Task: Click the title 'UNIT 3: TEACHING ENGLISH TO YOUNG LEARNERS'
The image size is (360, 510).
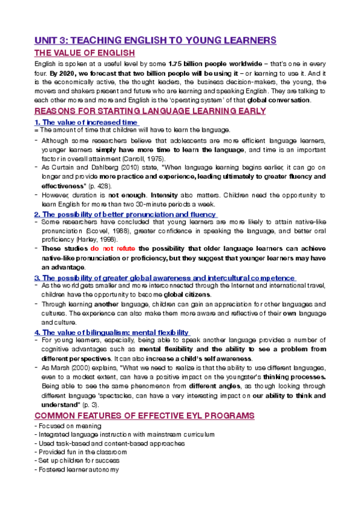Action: [155, 40]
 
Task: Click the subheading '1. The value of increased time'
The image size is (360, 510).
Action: [87, 123]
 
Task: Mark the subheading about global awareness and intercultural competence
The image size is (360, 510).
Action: [165, 278]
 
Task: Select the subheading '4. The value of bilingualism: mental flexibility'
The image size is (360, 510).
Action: [112, 333]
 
